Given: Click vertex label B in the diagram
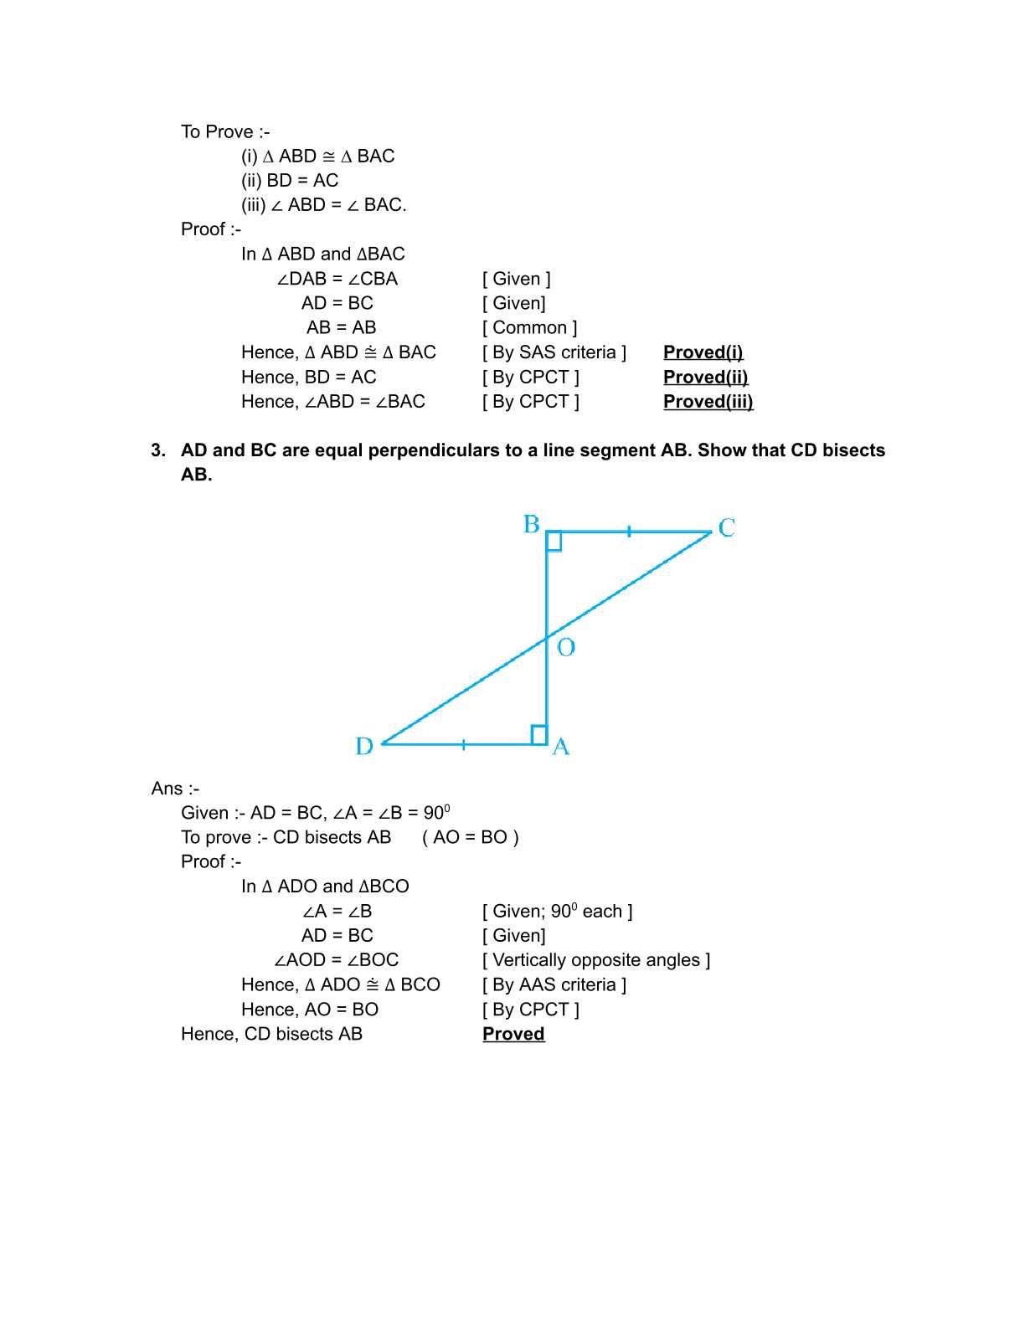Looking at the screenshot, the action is [x=532, y=524].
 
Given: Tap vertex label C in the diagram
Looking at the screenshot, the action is [x=726, y=527].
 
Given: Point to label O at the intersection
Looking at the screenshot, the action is [x=566, y=647].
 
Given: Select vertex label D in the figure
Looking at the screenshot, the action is [x=364, y=746].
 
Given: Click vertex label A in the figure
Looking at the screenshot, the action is [x=561, y=746].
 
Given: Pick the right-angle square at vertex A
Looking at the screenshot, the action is [x=539, y=735].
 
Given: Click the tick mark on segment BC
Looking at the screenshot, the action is [x=629, y=531].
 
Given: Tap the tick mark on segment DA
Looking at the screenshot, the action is [x=463, y=743].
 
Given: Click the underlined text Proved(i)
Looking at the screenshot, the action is [x=703, y=352].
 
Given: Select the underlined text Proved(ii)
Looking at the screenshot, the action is [x=705, y=377].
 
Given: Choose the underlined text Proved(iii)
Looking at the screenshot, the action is [x=708, y=402].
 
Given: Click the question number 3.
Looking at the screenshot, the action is [x=158, y=450].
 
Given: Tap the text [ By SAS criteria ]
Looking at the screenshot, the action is [x=554, y=352].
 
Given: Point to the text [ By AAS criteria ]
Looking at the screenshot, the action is [x=554, y=984].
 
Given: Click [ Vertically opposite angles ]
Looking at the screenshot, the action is [x=596, y=960].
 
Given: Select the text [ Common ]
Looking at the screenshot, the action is [x=530, y=327].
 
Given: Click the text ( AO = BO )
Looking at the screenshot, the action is [x=471, y=837].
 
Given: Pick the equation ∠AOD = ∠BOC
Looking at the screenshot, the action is [x=337, y=960].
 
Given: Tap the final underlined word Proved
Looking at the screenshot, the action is [x=513, y=1034].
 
